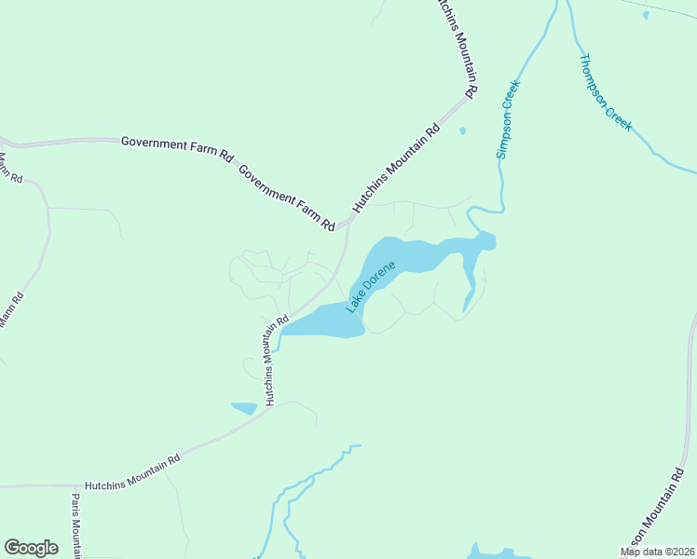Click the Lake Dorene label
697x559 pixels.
tap(371, 286)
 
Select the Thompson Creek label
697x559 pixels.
tap(606, 92)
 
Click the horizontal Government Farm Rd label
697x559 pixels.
tap(176, 146)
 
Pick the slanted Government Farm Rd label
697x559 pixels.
tap(286, 198)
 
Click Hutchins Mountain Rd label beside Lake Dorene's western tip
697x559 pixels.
tap(272, 361)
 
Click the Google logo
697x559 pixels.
tap(31, 547)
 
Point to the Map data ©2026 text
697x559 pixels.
tap(657, 552)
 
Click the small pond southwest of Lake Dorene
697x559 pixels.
tap(244, 408)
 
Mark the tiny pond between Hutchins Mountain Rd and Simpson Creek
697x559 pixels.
tap(462, 130)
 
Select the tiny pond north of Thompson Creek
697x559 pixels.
tap(645, 14)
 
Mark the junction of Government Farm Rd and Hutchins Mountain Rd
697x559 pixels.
tap(346, 223)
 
